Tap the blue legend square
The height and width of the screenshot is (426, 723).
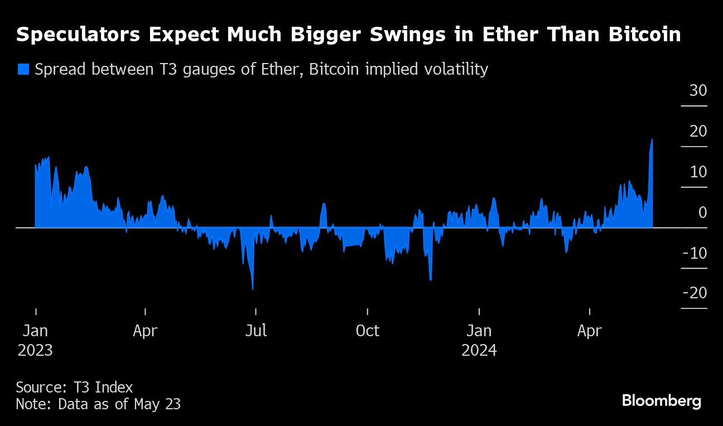click(23, 69)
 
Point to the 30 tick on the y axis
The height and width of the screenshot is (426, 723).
click(698, 90)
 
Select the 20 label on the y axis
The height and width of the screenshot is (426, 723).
click(698, 131)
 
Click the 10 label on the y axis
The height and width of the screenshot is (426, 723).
click(698, 172)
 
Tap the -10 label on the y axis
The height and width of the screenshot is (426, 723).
click(694, 253)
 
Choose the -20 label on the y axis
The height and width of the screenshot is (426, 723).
click(694, 293)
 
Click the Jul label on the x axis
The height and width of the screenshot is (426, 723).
click(256, 331)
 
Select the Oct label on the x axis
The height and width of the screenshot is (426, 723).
click(367, 331)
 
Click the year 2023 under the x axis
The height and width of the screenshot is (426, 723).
click(35, 351)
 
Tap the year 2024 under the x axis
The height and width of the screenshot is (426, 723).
click(479, 351)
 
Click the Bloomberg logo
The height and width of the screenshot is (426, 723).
click(661, 400)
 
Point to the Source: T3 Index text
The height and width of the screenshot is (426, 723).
click(74, 387)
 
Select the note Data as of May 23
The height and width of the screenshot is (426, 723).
click(98, 404)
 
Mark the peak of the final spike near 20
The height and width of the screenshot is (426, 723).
click(652, 139)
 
